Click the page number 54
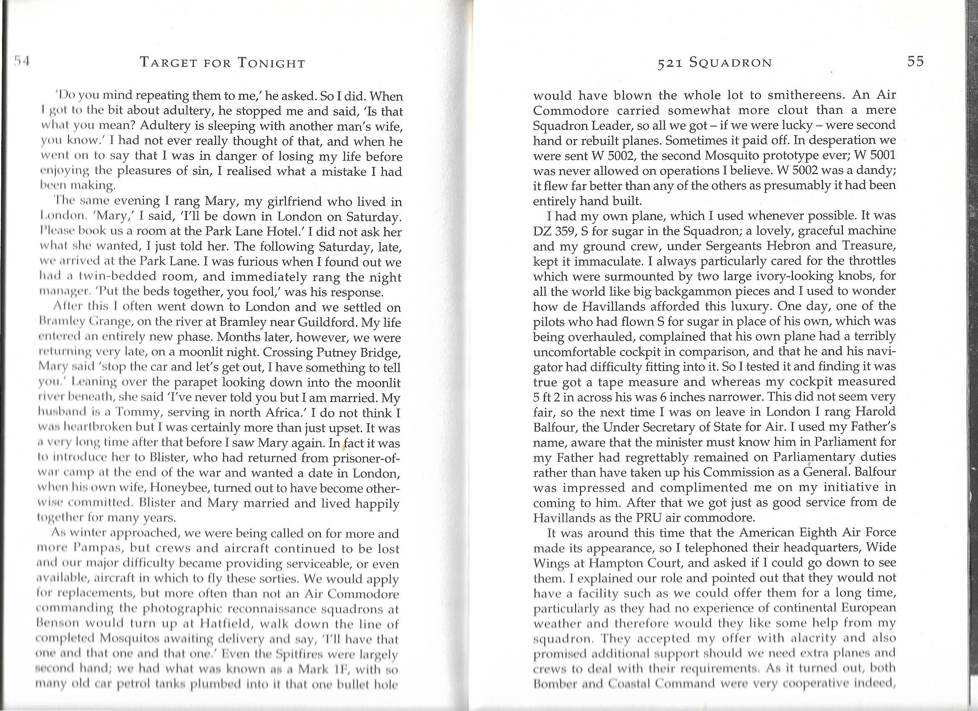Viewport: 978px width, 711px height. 20,61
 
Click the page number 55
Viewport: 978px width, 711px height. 915,61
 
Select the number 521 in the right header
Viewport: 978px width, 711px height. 668,64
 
